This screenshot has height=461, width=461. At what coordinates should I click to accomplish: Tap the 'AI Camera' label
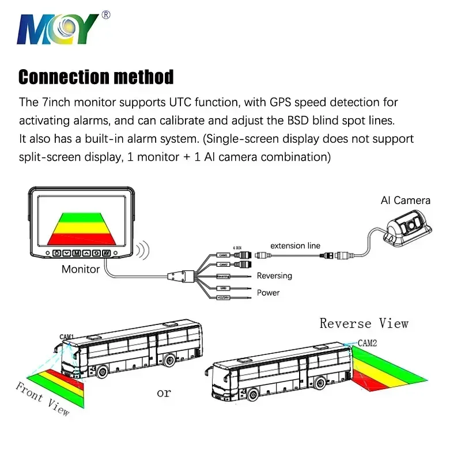405,201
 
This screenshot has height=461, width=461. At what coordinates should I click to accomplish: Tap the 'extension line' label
295,245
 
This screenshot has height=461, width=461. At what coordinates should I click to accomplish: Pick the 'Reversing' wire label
274,276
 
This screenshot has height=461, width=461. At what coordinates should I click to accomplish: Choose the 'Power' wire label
268,292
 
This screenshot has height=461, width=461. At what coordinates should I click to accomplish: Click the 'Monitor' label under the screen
81,269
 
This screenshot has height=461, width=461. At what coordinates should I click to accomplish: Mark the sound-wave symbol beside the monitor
142,251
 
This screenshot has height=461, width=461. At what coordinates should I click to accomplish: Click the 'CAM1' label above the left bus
67,337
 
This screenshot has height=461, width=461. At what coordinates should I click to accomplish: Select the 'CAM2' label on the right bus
367,343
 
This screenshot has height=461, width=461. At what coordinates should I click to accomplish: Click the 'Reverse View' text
364,323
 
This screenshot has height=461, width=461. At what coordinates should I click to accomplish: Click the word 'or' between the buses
164,393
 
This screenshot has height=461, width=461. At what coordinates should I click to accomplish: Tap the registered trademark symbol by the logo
105,15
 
